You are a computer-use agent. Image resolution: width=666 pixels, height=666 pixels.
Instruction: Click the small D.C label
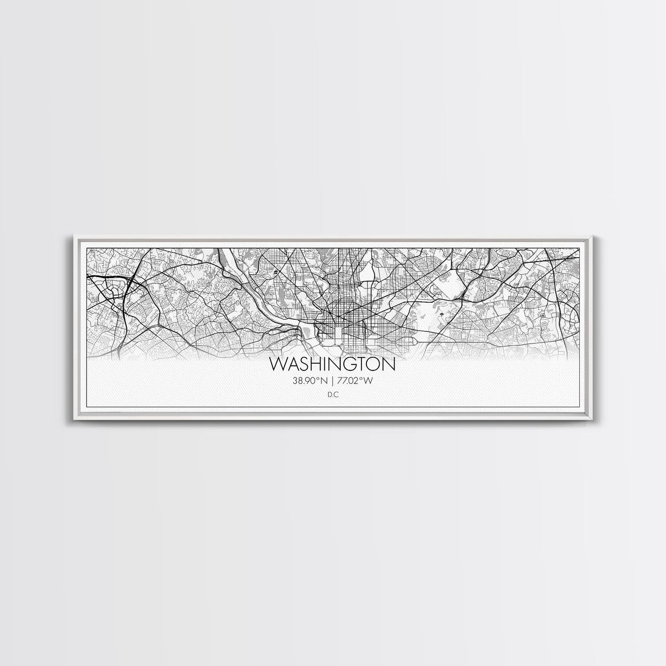coord(332,394)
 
